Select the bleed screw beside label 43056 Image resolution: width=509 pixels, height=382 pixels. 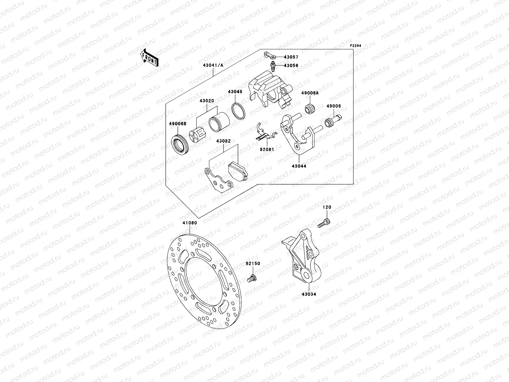(273, 67)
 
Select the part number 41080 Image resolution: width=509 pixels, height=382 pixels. (190, 223)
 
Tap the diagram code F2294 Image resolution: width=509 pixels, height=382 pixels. (356, 46)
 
